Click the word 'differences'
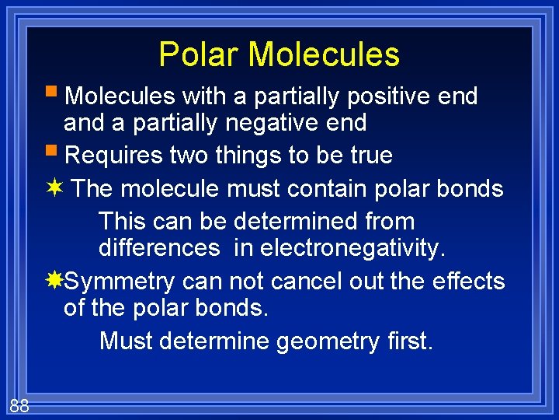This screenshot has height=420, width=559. pyautogui.click(x=159, y=248)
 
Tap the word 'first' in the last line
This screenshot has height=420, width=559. pyautogui.click(x=408, y=341)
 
